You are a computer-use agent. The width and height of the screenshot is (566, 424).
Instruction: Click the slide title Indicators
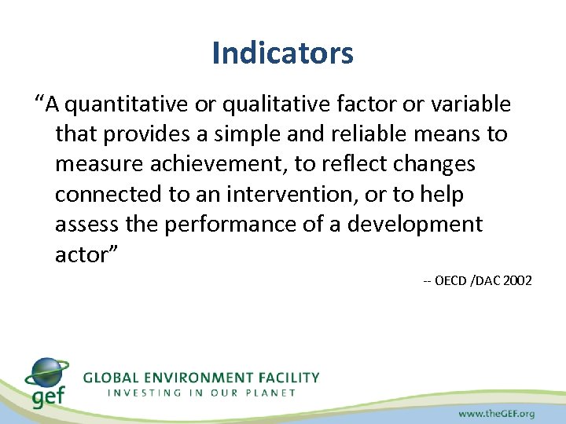click(282, 53)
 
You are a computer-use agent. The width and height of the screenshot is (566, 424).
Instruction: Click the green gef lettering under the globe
click(49, 397)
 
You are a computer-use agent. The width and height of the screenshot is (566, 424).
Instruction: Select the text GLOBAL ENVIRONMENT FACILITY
click(201, 378)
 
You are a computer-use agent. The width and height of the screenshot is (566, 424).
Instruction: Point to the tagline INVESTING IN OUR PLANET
click(201, 393)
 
